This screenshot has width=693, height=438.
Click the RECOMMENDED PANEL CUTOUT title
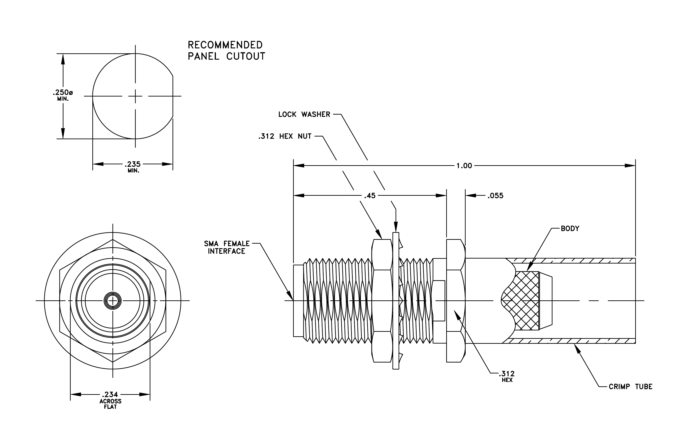[x=226, y=50]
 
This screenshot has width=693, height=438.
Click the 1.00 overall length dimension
[x=464, y=166]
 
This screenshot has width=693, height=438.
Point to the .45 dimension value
[x=370, y=196]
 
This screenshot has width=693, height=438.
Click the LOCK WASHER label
[x=304, y=114]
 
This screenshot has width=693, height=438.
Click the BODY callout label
[x=570, y=228]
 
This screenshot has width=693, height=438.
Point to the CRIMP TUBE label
[x=630, y=386]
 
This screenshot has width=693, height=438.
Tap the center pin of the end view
[x=112, y=301]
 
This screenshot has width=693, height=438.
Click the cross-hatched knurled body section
[x=521, y=301]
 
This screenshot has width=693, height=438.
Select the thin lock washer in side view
[x=396, y=301]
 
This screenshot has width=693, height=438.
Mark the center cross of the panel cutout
[x=135, y=96]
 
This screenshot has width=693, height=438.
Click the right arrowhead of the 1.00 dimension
[x=630, y=166]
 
